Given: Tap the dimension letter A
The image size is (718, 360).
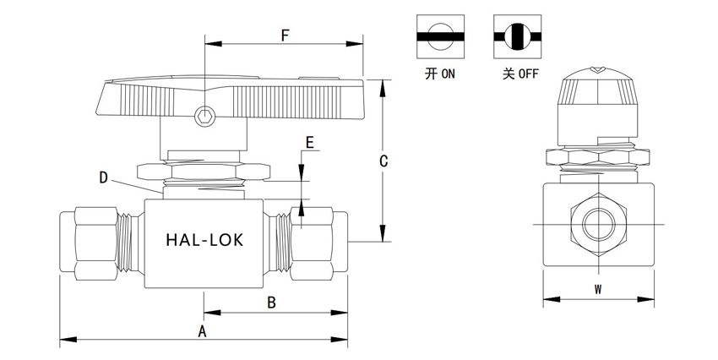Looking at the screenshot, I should click(203, 331).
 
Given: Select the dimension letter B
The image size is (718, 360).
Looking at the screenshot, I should click(272, 301).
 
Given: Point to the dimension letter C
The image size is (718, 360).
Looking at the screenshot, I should click(383, 160).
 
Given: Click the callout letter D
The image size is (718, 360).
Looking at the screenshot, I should click(103, 177).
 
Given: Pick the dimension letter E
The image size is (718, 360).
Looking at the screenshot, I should click(310, 143).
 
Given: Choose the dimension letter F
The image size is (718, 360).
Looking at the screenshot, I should click(286, 35).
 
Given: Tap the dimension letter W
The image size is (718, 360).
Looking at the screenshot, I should click(597, 289).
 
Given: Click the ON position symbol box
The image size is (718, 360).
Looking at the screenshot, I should click(440, 35).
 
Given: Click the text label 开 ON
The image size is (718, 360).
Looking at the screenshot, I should click(440, 74).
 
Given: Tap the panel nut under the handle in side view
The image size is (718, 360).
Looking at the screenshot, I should click(204, 171).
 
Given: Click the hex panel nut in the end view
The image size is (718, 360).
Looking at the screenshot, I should click(599, 157).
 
